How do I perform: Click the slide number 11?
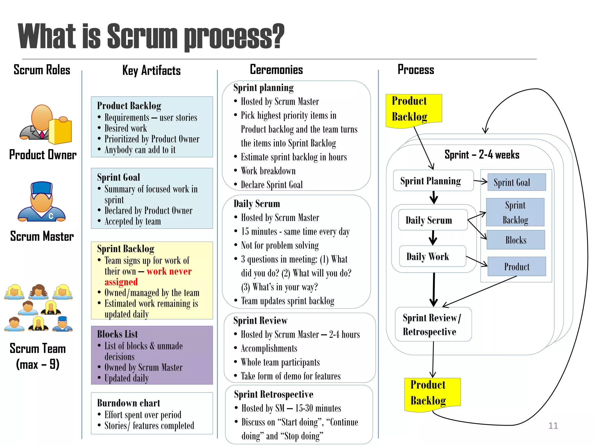pos(553,426)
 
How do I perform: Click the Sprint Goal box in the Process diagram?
pos(517,182)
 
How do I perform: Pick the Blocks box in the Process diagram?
pos(516,240)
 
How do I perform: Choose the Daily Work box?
pos(432,256)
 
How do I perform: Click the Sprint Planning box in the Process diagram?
pos(433,181)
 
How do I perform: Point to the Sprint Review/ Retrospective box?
pos(433,324)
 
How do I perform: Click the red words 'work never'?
pos(169,271)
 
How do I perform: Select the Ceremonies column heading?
pos(276,70)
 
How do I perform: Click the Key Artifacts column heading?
pos(151,70)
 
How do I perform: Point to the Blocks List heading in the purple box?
pos(117,334)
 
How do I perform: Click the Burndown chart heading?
pos(128,403)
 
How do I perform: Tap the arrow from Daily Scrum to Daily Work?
pos(433,238)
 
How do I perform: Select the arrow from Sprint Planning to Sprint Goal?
pos(481,181)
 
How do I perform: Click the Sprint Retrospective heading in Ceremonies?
pos(274,394)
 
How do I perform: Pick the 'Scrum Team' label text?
pos(38,348)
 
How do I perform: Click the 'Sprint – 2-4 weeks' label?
pos(482,155)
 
